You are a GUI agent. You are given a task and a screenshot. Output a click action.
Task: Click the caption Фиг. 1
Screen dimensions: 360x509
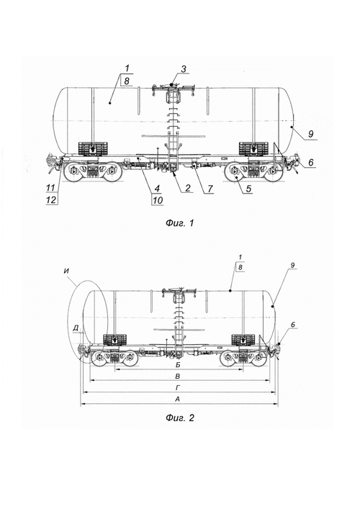click(180, 223)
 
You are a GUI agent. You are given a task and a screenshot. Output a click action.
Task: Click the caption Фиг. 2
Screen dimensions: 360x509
click(180, 418)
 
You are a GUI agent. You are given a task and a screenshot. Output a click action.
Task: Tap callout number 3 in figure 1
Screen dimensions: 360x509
click(184, 69)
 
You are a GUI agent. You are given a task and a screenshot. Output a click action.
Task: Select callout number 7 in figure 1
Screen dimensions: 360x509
click(210, 189)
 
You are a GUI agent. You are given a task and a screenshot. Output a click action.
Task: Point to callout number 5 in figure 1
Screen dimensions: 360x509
click(248, 189)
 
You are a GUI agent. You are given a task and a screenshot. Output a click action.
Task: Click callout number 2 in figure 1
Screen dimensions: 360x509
click(188, 189)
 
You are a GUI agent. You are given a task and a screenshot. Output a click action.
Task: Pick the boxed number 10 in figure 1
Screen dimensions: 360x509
click(158, 200)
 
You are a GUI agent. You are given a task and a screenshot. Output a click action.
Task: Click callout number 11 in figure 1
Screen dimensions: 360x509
click(50, 188)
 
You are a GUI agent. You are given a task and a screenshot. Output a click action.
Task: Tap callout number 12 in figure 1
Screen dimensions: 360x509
click(51, 199)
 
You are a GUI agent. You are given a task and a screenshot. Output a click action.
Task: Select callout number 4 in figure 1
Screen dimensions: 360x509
click(157, 189)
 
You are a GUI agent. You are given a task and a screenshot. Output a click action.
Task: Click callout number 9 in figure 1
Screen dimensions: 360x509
click(310, 134)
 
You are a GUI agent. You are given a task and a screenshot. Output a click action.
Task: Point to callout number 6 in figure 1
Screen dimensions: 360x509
click(311, 162)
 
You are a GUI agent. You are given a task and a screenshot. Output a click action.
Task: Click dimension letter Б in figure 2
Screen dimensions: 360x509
click(178, 365)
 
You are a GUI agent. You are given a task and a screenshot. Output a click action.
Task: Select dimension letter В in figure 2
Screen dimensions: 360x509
click(178, 377)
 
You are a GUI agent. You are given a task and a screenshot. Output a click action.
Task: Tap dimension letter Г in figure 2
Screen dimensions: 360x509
click(178, 388)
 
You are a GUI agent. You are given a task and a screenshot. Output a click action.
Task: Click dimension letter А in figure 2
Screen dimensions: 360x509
click(178, 400)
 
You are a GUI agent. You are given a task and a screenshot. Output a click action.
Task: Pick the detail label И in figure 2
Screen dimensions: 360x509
click(67, 271)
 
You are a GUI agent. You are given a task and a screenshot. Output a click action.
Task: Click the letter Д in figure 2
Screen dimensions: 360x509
click(76, 328)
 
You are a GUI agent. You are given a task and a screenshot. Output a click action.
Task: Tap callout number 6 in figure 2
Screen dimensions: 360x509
click(293, 325)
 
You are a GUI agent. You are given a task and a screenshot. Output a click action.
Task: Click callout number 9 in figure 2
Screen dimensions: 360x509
click(292, 266)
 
